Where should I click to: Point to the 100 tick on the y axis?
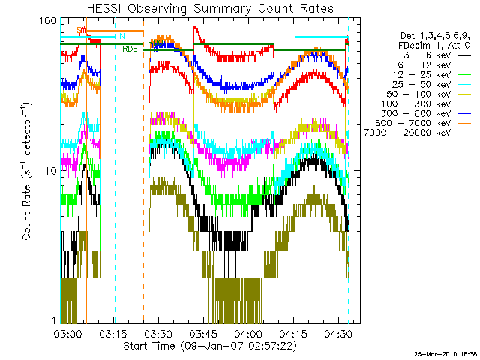48,20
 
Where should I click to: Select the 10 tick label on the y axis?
51,171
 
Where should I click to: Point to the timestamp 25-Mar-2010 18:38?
445,353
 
